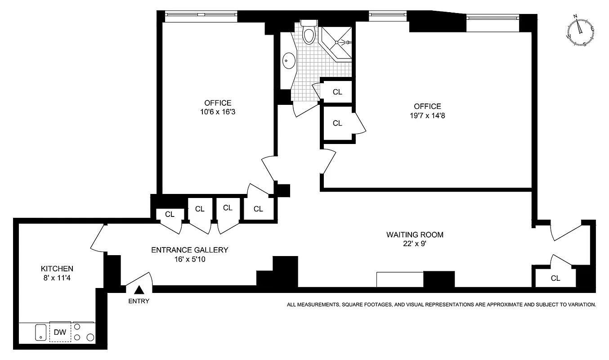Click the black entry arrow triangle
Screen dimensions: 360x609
139,291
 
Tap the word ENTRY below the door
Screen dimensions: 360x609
139,301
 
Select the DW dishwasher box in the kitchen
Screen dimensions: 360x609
60,333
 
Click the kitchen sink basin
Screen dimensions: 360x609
40,333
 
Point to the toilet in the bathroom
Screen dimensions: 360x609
309,33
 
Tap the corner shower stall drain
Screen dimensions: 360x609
336,42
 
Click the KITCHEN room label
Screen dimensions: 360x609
57,268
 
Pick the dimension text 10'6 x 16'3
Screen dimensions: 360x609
218,112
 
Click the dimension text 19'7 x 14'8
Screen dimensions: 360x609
427,115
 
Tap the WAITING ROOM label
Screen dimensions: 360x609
415,234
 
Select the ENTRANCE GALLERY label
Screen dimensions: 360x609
189,250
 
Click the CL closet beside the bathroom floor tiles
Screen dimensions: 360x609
337,92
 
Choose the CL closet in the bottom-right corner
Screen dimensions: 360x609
555,278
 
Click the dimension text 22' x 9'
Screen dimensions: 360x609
415,244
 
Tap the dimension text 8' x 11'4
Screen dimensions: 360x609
57,278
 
